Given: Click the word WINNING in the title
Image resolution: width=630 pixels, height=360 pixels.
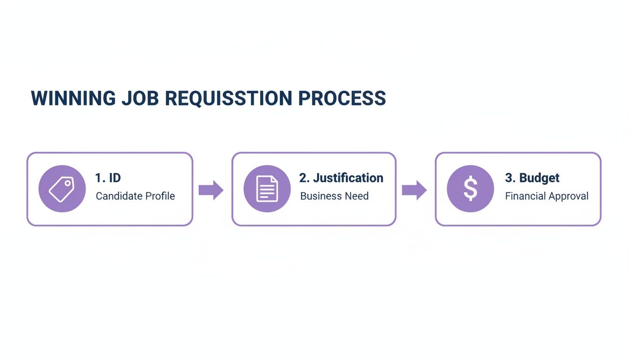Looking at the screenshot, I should [73, 98].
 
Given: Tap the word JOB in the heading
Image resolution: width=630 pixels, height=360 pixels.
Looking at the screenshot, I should [141, 98].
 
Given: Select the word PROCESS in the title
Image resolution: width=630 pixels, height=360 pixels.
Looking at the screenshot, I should [342, 98].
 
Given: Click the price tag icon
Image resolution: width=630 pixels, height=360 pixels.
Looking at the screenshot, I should [62, 189].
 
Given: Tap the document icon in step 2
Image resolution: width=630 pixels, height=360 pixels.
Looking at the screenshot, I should [267, 189].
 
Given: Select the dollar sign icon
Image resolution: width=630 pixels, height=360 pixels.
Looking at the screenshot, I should [470, 189].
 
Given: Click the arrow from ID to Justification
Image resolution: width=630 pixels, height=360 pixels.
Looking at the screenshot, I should [211, 190].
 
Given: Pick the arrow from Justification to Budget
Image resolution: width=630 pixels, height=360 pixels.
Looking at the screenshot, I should [414, 190].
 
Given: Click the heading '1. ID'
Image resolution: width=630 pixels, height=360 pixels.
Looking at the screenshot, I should [108, 178].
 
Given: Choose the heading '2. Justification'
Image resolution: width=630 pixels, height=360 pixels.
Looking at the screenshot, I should [341, 178].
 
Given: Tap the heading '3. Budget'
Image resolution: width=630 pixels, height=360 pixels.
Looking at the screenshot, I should [532, 178].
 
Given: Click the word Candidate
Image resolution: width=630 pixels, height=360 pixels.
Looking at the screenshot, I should [119, 196].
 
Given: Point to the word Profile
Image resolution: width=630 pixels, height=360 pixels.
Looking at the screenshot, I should [160, 196].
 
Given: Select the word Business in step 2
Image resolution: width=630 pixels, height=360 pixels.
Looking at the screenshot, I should [319, 196].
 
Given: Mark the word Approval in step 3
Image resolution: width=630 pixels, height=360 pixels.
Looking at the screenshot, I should [568, 196].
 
